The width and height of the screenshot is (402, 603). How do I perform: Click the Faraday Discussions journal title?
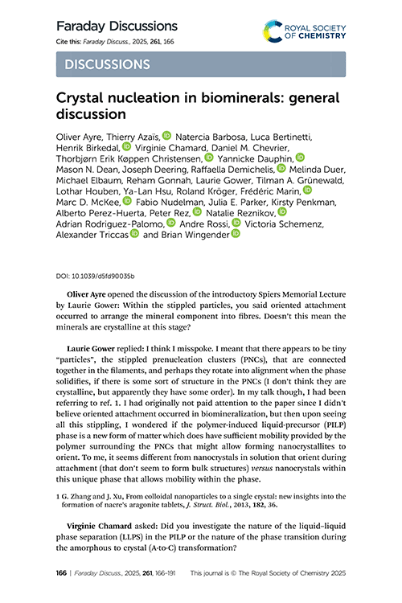tap(116, 27)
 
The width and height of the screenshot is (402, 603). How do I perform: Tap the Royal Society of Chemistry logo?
tap(305, 33)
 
